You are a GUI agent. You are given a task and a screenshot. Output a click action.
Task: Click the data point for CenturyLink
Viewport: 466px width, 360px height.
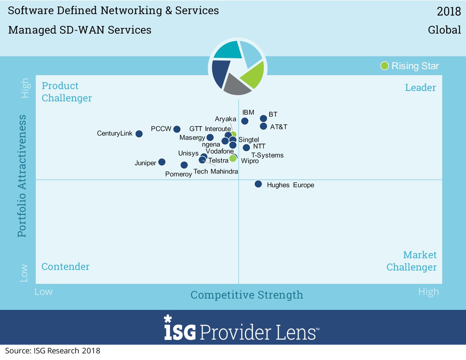[139, 134]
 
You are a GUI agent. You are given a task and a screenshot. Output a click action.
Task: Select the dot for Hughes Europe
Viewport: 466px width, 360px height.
[258, 184]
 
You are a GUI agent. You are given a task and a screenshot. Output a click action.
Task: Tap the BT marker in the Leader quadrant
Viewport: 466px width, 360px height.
[263, 118]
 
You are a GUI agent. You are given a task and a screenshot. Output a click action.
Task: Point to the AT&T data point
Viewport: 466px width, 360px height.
[263, 126]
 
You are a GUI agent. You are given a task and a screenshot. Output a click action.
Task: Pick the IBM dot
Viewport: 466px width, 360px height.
[245, 121]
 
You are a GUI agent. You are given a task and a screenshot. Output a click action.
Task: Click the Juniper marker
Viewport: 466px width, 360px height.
[162, 162]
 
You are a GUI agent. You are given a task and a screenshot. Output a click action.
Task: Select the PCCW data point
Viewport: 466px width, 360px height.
[177, 129]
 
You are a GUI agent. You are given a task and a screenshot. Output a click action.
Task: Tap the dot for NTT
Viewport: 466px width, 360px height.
[246, 148]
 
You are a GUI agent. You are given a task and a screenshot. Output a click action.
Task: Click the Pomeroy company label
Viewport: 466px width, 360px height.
[179, 174]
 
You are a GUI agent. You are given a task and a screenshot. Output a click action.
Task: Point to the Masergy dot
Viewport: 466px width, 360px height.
[210, 137]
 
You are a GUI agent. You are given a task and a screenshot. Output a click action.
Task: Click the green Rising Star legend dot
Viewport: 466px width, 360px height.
[384, 66]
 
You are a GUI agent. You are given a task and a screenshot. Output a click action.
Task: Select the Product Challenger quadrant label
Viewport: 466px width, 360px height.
[67, 92]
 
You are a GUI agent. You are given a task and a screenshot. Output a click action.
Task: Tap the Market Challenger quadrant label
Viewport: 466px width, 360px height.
[412, 261]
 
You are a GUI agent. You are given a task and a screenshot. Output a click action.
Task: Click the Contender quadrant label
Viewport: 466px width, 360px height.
[65, 267]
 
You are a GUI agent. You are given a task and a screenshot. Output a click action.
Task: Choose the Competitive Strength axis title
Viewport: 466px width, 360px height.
[247, 295]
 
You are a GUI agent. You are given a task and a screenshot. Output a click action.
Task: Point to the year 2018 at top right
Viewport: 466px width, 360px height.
[449, 12]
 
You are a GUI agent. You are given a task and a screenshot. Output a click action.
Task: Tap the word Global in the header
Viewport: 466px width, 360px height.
[444, 30]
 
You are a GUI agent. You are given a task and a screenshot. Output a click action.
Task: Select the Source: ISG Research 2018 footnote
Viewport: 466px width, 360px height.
[52, 351]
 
